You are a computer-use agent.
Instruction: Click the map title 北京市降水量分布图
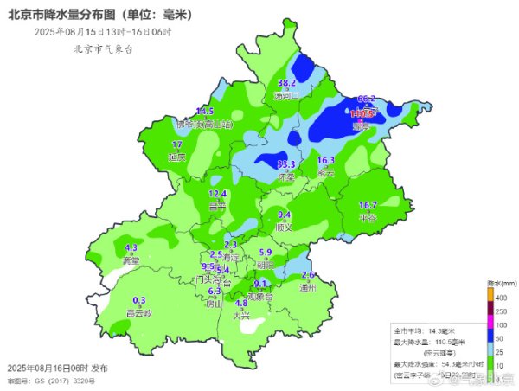[x=99, y=15]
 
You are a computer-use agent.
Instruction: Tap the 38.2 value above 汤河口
[x=286, y=83]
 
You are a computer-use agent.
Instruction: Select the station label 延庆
[x=176, y=157]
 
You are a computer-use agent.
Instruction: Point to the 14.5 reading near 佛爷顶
[x=205, y=112]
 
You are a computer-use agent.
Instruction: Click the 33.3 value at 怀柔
[x=286, y=164]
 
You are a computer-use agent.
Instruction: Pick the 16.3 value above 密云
[x=326, y=160]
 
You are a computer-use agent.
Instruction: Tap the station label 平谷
[x=368, y=217]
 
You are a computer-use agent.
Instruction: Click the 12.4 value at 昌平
[x=218, y=194]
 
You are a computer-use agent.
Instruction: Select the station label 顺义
[x=284, y=227]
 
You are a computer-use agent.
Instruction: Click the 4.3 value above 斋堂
[x=131, y=247]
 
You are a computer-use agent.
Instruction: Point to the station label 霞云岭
[x=138, y=312]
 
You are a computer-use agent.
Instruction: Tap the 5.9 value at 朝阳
[x=266, y=252]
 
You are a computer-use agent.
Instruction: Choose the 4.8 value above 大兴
[x=242, y=303]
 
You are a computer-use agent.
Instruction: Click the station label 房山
[x=213, y=304]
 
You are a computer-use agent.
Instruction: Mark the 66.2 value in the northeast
[x=366, y=99]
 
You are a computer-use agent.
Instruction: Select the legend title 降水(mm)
[x=502, y=283]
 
